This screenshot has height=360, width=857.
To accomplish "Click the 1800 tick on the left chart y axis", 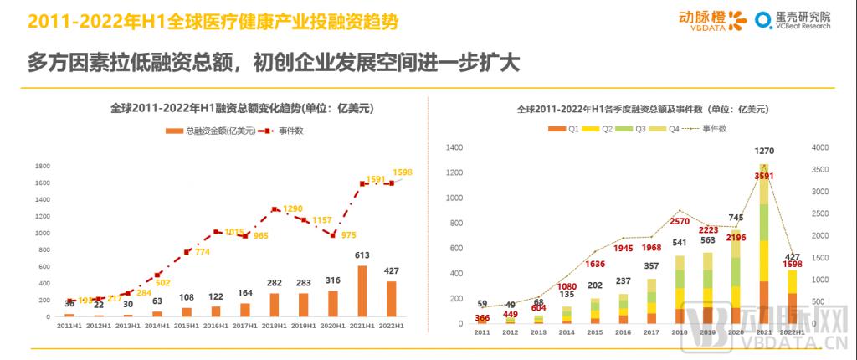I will click(41, 166).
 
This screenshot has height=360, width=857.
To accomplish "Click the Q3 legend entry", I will click(634, 129).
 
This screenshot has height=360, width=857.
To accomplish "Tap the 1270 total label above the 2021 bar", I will click(764, 152).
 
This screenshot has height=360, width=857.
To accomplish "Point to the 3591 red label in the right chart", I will click(764, 177).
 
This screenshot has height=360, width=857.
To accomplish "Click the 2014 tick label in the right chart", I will click(567, 332).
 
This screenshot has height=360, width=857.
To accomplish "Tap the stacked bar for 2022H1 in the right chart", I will click(791, 296).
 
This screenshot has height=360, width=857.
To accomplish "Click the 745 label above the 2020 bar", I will click(736, 217).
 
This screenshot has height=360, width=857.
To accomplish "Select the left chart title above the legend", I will click(218, 108).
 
